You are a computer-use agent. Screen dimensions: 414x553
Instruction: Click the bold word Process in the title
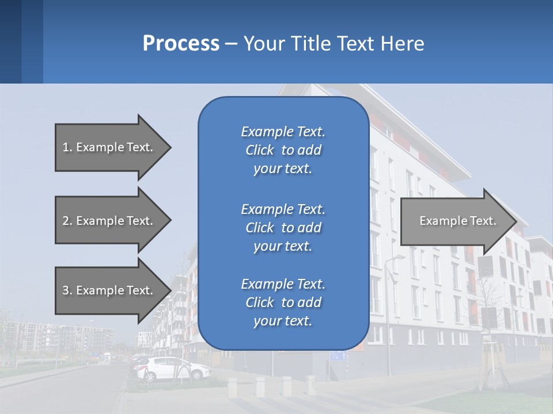coord(181,43)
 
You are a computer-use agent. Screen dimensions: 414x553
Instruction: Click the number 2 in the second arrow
coord(66,221)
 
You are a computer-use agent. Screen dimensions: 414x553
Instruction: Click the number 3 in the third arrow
coord(66,290)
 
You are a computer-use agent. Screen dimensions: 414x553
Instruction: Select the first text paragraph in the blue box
coord(283,150)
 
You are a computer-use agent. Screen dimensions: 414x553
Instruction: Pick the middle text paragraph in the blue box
coord(283,227)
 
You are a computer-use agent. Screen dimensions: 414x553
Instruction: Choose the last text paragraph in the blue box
coord(283,302)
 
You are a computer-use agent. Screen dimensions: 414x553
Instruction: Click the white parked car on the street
coord(173,368)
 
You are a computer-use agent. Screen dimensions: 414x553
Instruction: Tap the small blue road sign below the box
coord(339,356)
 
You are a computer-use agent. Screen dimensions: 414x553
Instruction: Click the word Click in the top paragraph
coord(259,150)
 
